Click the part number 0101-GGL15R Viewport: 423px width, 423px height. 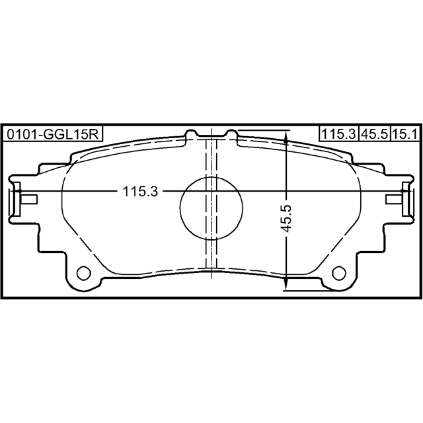[53, 134]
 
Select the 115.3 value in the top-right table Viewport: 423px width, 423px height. [339, 134]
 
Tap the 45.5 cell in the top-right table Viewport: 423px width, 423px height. [375, 134]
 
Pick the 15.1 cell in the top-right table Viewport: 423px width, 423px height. [404, 134]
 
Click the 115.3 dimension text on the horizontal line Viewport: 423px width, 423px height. [140, 192]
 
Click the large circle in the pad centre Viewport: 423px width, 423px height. [211, 208]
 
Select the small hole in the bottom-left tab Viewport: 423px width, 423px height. [84, 273]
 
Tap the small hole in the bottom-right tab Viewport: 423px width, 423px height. [339, 273]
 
